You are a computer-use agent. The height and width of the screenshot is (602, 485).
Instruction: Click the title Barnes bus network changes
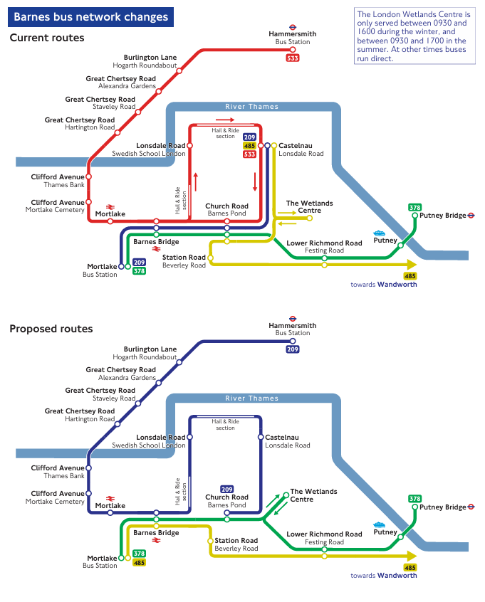coord(91,17)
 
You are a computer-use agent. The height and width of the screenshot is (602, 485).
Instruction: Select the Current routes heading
coord(47,38)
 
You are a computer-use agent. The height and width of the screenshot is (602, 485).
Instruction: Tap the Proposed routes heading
coord(51,329)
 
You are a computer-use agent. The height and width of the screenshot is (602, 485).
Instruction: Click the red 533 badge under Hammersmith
coord(292,58)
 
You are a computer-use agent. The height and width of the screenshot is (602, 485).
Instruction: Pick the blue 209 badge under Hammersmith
coord(293,349)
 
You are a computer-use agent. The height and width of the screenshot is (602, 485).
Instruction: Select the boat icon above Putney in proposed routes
coord(379,524)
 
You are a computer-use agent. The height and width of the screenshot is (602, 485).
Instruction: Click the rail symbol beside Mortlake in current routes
coord(110,207)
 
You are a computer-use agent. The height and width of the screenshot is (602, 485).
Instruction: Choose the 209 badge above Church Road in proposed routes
coord(226,489)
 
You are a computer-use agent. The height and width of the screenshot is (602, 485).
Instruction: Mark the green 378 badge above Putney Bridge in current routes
coord(414,208)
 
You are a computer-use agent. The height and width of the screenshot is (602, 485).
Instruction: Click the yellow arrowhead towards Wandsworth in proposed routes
coord(411,556)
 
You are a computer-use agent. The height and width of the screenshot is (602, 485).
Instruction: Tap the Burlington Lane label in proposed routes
coord(150,349)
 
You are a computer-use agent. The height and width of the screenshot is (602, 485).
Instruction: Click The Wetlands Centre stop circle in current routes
coord(310,218)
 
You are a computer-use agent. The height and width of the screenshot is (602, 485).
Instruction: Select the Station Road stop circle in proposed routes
coord(210,541)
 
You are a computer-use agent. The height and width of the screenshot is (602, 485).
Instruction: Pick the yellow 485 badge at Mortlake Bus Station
coord(140,563)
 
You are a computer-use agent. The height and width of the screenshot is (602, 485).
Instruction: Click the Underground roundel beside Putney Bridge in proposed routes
coord(471,507)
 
